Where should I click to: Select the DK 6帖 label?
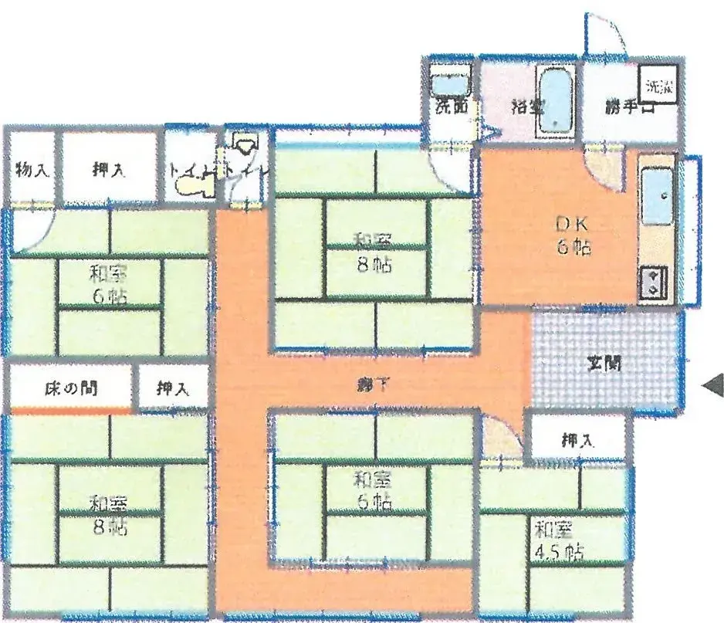[x=573, y=236]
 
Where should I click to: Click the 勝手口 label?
[x=629, y=108]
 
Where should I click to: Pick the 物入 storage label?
[x=32, y=171]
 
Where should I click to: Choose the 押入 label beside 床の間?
[x=174, y=390]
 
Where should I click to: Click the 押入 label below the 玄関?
[x=577, y=442]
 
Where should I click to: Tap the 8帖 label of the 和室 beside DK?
[x=374, y=265]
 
